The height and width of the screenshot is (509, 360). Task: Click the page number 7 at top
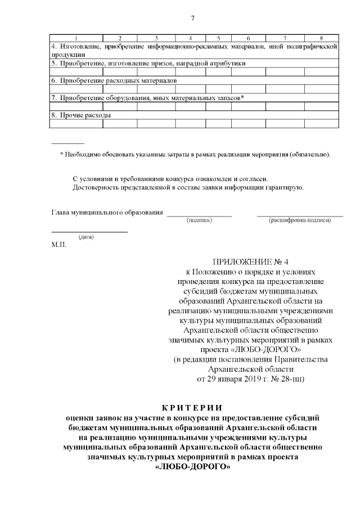[x=192, y=18]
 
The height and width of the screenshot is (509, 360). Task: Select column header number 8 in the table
[x=321, y=38]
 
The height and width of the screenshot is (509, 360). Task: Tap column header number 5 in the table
[x=218, y=38]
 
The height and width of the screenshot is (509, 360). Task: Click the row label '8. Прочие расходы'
[x=80, y=115]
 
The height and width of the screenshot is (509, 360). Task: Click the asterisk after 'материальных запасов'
[x=242, y=97]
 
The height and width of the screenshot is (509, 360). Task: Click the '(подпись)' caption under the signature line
[x=199, y=220]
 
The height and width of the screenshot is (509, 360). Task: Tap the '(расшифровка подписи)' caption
[x=300, y=220]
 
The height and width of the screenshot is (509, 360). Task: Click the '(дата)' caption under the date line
[x=86, y=237]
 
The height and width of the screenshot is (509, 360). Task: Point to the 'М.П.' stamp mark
[x=58, y=245]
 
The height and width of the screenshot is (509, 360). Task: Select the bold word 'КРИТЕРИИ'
[x=192, y=407]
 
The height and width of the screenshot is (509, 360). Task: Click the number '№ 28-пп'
[x=287, y=379]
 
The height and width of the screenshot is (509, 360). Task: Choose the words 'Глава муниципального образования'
[x=107, y=213]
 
